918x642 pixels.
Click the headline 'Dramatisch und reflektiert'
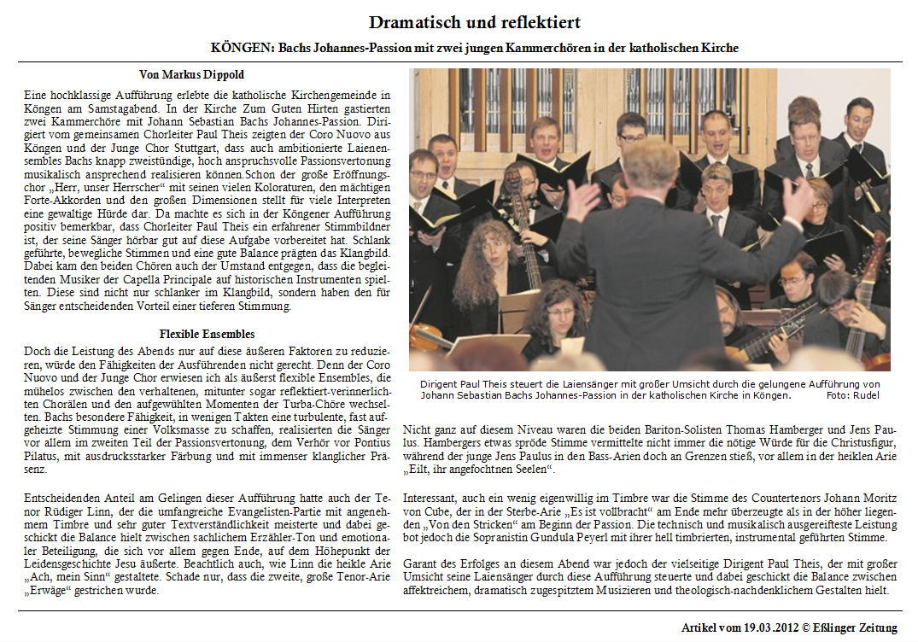(475, 22)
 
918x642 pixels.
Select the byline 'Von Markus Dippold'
(191, 75)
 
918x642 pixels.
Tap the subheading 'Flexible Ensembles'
(207, 334)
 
